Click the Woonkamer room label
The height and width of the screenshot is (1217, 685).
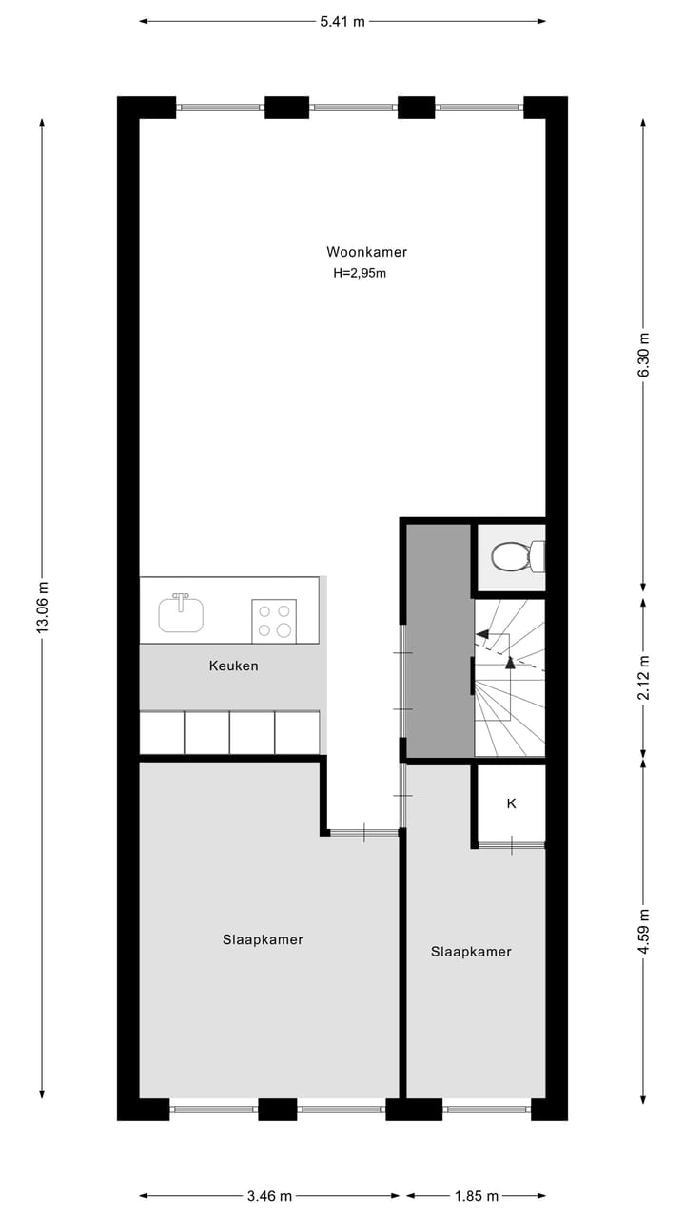point(366,252)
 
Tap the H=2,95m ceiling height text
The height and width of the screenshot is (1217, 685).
point(360,273)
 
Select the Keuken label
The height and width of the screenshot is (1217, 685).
point(233,666)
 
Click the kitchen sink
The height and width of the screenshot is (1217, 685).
point(181,613)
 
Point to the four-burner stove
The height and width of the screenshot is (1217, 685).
point(273,620)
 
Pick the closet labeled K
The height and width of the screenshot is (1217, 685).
point(511,803)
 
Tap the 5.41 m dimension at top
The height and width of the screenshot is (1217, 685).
point(342,21)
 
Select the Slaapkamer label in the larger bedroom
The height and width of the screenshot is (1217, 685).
point(263,939)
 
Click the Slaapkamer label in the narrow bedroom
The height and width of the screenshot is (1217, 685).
point(471,951)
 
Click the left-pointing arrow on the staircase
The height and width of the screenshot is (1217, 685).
point(484,633)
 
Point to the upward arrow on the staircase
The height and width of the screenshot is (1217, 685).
point(510,662)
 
